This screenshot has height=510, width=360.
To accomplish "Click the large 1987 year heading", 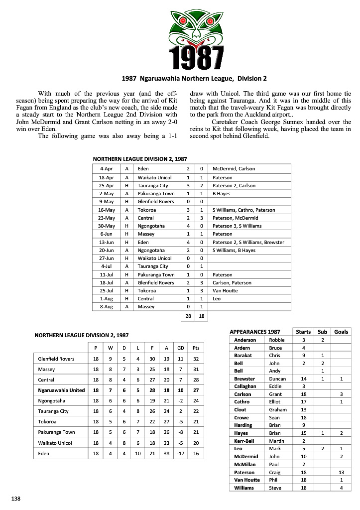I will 196,58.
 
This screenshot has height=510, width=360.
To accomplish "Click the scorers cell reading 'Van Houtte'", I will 225,291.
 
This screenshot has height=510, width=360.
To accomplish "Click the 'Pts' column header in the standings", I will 196,348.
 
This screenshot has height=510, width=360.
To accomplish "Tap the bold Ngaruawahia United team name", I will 61,390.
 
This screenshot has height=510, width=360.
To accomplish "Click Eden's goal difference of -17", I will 181,454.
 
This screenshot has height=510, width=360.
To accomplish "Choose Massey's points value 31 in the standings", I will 196,370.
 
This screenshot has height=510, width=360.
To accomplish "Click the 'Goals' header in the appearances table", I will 341,332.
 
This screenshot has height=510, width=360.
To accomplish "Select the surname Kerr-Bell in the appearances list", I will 245,441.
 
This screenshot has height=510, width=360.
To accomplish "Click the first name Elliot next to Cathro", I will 276,402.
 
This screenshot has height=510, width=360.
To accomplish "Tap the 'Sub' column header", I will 322,332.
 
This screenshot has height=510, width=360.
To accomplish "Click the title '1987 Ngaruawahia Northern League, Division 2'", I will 195,78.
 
